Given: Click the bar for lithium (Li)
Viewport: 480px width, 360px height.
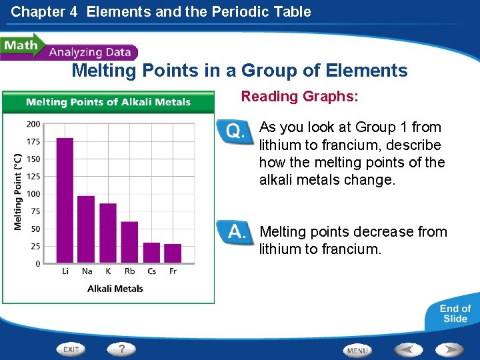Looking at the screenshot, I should [65, 200].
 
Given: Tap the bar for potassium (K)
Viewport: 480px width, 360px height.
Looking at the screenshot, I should [108, 233].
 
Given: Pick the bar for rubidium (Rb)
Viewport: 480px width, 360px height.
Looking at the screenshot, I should [129, 242].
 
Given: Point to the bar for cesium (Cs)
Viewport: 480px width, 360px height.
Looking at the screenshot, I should [151, 252].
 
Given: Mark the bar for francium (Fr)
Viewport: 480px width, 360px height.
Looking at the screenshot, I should [173, 253].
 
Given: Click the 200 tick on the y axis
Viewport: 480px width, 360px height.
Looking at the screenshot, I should [33, 124].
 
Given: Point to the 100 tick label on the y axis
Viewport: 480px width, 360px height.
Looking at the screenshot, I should [33, 194].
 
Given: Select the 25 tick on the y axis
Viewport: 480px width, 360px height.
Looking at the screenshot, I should [35, 247].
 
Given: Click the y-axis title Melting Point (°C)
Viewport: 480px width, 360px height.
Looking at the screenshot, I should [18, 192].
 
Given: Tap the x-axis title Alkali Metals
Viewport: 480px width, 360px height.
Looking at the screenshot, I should [115, 289].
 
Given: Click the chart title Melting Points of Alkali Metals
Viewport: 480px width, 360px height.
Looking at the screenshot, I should [108, 102].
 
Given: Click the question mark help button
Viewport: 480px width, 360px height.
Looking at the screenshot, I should [121, 349].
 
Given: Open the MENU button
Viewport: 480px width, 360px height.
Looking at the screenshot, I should [357, 350].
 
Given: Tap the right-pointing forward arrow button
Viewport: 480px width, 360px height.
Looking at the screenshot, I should [450, 349].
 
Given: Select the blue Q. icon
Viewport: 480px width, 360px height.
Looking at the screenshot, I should [236, 131].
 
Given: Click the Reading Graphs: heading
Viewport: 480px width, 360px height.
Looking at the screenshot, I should [299, 97].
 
